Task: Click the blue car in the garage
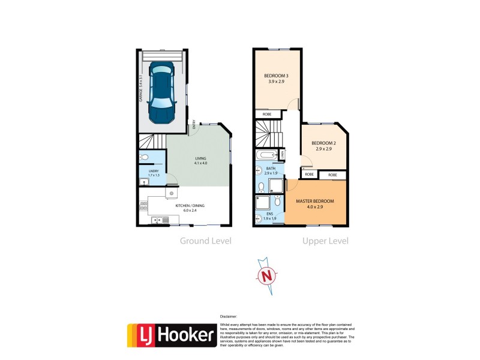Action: pyautogui.click(x=161, y=91)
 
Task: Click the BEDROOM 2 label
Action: pyautogui.click(x=323, y=145)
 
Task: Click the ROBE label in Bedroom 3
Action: pyautogui.click(x=266, y=114)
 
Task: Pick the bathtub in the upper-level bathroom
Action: pyautogui.click(x=268, y=156)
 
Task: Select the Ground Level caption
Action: pyautogui.click(x=206, y=241)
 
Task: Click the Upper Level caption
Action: pyautogui.click(x=325, y=241)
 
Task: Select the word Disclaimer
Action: pyautogui.click(x=229, y=316)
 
